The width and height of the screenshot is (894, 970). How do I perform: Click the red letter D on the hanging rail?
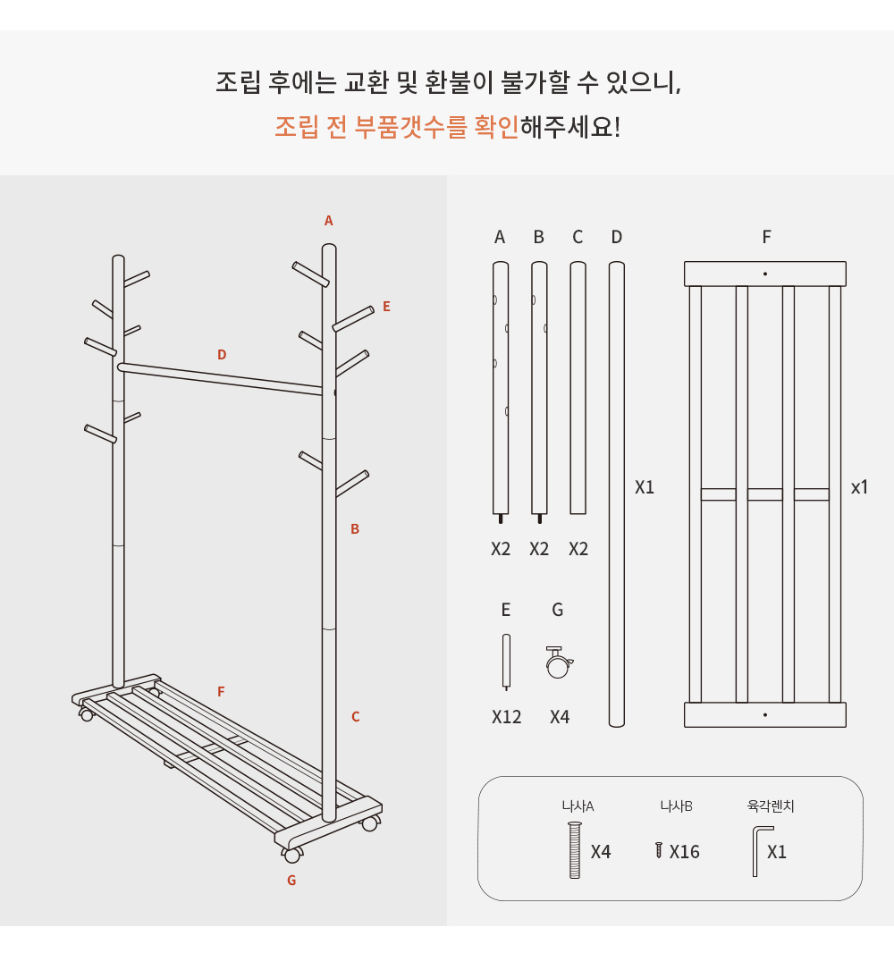(x=222, y=354)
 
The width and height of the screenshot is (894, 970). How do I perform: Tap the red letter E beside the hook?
(x=387, y=307)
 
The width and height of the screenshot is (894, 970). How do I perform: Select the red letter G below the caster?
(x=291, y=881)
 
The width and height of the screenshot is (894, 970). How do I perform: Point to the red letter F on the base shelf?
(x=221, y=692)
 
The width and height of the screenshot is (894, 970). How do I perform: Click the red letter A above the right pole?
(x=328, y=220)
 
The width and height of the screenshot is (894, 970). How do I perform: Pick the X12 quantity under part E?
(x=506, y=717)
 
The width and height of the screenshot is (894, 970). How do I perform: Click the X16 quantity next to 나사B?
(x=684, y=852)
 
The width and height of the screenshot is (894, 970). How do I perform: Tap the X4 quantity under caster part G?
(x=560, y=717)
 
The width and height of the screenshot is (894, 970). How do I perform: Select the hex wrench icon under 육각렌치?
(x=762, y=851)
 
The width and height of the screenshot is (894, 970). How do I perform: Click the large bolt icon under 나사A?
(x=575, y=850)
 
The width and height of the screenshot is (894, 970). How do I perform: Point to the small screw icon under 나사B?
(x=659, y=850)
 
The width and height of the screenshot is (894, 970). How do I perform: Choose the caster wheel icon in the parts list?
(x=559, y=662)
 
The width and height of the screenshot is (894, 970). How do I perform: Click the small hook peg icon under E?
(x=506, y=662)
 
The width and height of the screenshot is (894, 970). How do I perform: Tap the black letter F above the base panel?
(x=766, y=237)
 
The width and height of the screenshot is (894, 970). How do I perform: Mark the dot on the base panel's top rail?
(x=765, y=274)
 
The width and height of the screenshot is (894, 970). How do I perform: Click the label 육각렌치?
(x=771, y=806)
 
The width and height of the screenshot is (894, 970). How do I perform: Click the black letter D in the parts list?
(x=616, y=237)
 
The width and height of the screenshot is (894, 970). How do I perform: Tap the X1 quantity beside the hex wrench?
(x=777, y=852)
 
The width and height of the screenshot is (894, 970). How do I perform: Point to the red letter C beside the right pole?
(x=355, y=716)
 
